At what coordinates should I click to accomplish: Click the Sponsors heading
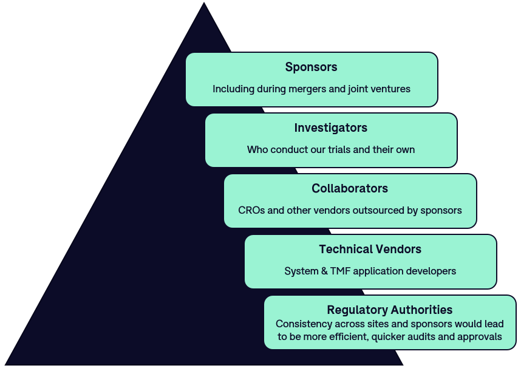pos(311,67)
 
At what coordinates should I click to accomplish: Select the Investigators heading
pos(331,128)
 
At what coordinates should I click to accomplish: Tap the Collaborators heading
pos(350,188)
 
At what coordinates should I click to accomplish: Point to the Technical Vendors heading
pos(370,249)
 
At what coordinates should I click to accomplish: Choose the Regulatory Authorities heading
pos(389,310)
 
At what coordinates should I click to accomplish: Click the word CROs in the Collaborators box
pos(251,210)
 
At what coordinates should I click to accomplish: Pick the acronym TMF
pos(336,271)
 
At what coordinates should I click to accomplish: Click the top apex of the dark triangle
pos(203,4)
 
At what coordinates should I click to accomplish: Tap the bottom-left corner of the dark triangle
pos(6,364)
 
